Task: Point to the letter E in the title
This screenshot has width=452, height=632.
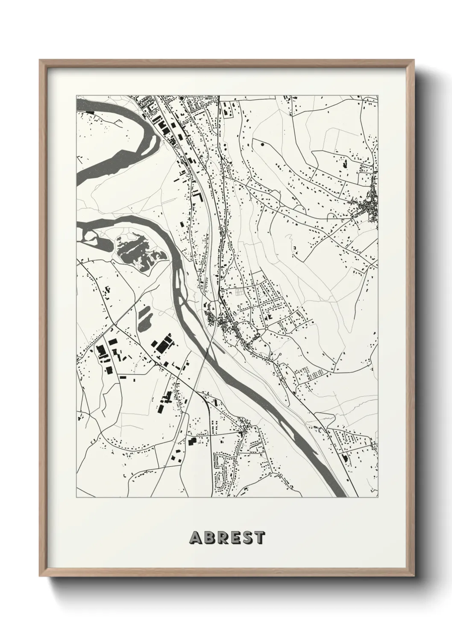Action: tap(233, 538)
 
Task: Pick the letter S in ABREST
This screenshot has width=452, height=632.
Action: tap(246, 538)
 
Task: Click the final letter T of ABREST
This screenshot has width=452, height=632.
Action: tap(258, 538)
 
